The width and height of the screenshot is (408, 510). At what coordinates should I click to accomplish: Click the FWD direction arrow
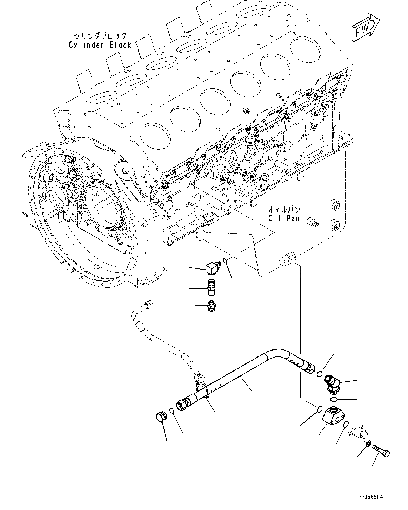click(x=365, y=27)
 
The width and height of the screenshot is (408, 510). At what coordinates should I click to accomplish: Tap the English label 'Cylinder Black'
click(x=100, y=45)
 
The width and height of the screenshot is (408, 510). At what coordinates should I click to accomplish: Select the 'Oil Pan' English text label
click(x=284, y=218)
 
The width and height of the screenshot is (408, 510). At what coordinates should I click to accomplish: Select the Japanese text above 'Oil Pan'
click(x=284, y=210)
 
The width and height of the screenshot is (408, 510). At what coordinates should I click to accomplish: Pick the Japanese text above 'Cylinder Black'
click(x=100, y=36)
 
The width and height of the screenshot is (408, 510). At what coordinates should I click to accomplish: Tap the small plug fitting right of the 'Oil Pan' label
click(x=312, y=222)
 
